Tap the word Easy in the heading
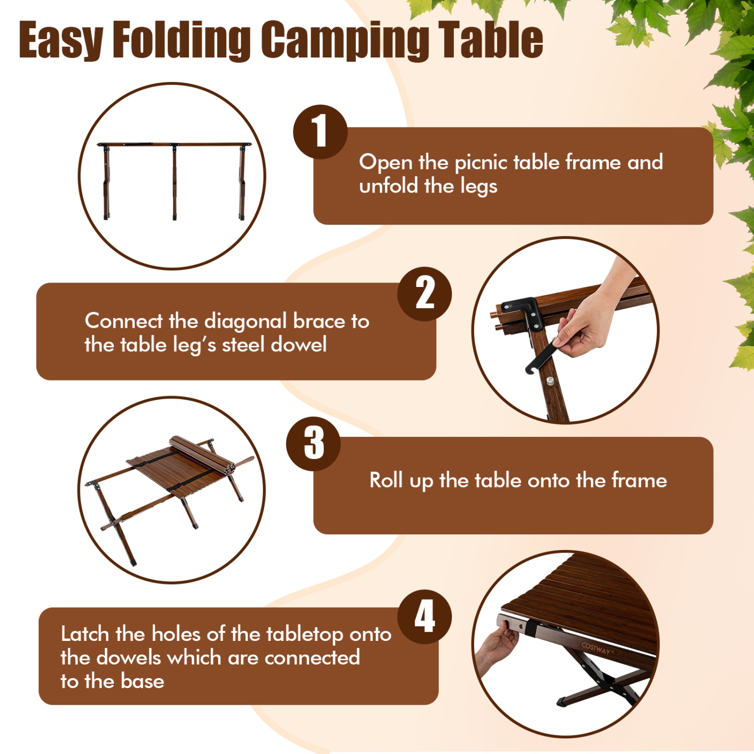pos(60,40)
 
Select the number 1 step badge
pos(320,132)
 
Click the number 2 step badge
pos(425,294)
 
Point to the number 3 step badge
pos(314,443)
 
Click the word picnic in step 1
pos(481,163)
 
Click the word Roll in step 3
pos(386,480)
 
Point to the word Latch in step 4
pos(85,634)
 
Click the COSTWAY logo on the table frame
pos(597,648)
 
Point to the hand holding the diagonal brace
pos(588,327)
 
